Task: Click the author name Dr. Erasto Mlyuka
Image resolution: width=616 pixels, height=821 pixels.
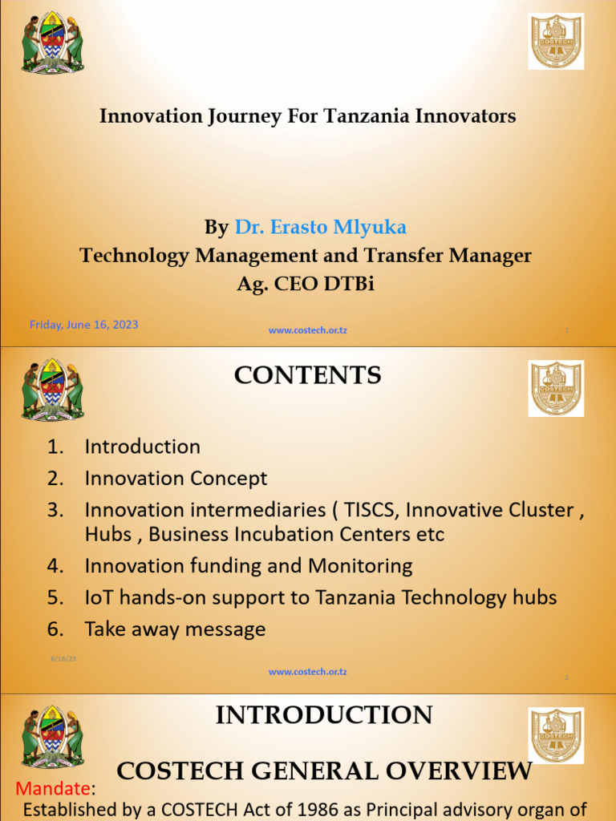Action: [320, 228]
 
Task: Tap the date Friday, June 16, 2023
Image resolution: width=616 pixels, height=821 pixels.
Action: [83, 325]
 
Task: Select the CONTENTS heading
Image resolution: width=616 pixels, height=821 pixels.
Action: [307, 375]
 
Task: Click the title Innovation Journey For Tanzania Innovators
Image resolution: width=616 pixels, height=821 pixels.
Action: [307, 116]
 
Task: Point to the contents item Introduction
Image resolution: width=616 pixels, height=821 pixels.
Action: [142, 447]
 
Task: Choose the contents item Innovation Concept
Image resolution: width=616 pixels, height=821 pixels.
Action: [176, 479]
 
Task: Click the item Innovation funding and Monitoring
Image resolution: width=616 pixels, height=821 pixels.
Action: [248, 566]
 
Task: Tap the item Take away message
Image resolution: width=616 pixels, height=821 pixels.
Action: [175, 629]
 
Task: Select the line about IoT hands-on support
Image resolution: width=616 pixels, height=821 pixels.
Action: [320, 597]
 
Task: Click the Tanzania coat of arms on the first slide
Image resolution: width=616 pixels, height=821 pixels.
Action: [52, 43]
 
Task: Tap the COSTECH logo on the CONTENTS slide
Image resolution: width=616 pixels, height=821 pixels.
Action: [555, 388]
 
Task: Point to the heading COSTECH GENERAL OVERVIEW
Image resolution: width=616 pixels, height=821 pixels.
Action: [324, 771]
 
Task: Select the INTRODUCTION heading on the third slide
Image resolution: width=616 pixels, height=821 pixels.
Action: [324, 714]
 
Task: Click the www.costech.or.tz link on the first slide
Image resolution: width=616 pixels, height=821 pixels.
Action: [308, 330]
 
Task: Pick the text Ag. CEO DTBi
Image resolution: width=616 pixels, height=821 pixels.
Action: [306, 283]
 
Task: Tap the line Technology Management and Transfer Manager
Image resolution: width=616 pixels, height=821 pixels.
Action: [306, 256]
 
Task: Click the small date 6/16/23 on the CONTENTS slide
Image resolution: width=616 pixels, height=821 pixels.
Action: [64, 658]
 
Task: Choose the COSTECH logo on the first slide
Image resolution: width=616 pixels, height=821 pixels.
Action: [555, 42]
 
